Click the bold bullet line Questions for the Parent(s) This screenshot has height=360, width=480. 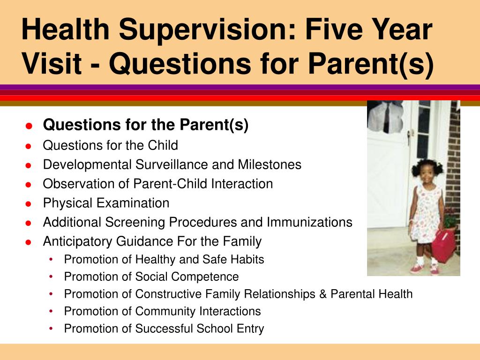[145, 125]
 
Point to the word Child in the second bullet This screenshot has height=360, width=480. [163, 145]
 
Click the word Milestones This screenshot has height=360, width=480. [270, 165]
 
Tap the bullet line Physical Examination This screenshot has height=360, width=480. [106, 203]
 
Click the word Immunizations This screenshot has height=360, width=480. [309, 222]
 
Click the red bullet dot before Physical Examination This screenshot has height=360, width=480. [29, 204]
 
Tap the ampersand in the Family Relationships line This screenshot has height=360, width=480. [323, 294]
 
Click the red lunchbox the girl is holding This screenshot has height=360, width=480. [443, 245]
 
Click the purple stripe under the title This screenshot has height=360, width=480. [240, 87]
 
